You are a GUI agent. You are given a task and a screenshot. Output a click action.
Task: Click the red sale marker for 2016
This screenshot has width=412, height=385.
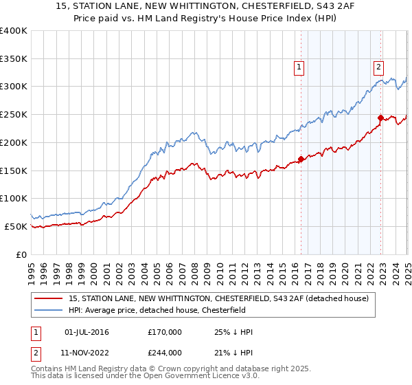(301, 159)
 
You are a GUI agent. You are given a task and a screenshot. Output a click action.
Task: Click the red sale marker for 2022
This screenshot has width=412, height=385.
(380, 118)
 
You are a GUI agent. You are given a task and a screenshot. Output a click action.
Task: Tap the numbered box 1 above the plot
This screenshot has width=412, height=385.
(300, 67)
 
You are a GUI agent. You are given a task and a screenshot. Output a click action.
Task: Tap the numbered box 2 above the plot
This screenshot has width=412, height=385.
(378, 67)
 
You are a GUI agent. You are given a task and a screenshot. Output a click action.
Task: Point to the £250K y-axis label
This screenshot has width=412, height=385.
(13, 115)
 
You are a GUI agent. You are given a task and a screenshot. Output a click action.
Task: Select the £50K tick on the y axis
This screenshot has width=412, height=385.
(16, 226)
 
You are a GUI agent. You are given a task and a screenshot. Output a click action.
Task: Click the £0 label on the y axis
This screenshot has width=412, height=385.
(21, 254)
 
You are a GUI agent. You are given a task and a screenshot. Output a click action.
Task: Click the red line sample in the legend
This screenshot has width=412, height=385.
(49, 298)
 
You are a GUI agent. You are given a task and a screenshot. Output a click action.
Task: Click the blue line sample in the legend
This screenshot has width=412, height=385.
(49, 311)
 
